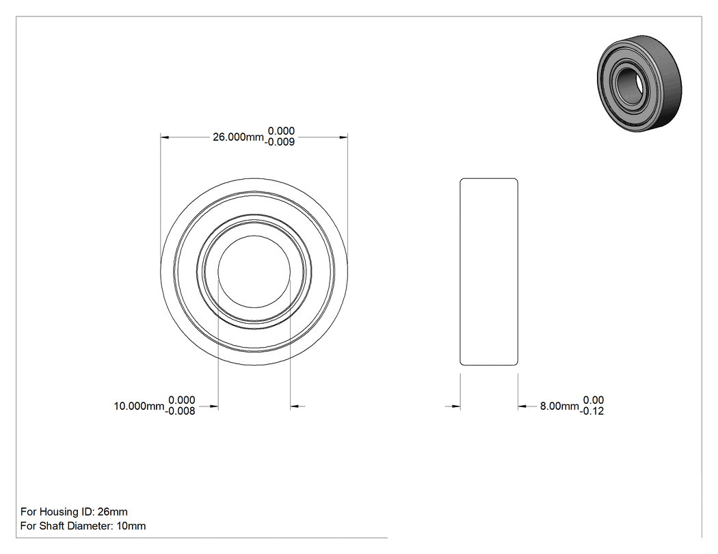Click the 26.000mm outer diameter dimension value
click(238, 137)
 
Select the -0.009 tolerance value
click(280, 142)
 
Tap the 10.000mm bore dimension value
click(139, 406)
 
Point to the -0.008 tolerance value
click(181, 411)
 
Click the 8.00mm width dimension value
click(559, 406)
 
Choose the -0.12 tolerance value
click(591, 411)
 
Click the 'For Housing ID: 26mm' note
click(74, 512)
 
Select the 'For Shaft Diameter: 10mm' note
click(83, 525)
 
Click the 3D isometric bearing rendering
click(639, 84)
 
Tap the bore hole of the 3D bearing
click(628, 83)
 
